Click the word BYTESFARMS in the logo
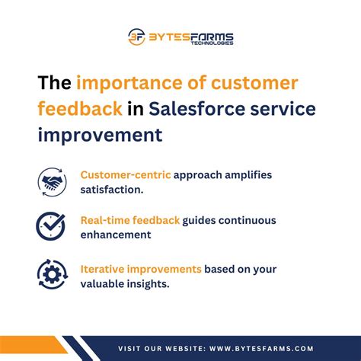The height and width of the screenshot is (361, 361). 190,36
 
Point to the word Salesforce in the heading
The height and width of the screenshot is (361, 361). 190,109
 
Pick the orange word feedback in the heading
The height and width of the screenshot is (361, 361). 79,109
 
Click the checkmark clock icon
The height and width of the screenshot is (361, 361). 52,226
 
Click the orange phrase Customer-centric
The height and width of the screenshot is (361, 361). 125,175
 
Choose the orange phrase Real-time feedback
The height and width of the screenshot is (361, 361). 130,220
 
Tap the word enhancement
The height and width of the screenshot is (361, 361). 116,235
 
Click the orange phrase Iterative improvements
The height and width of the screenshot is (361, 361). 141,268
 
